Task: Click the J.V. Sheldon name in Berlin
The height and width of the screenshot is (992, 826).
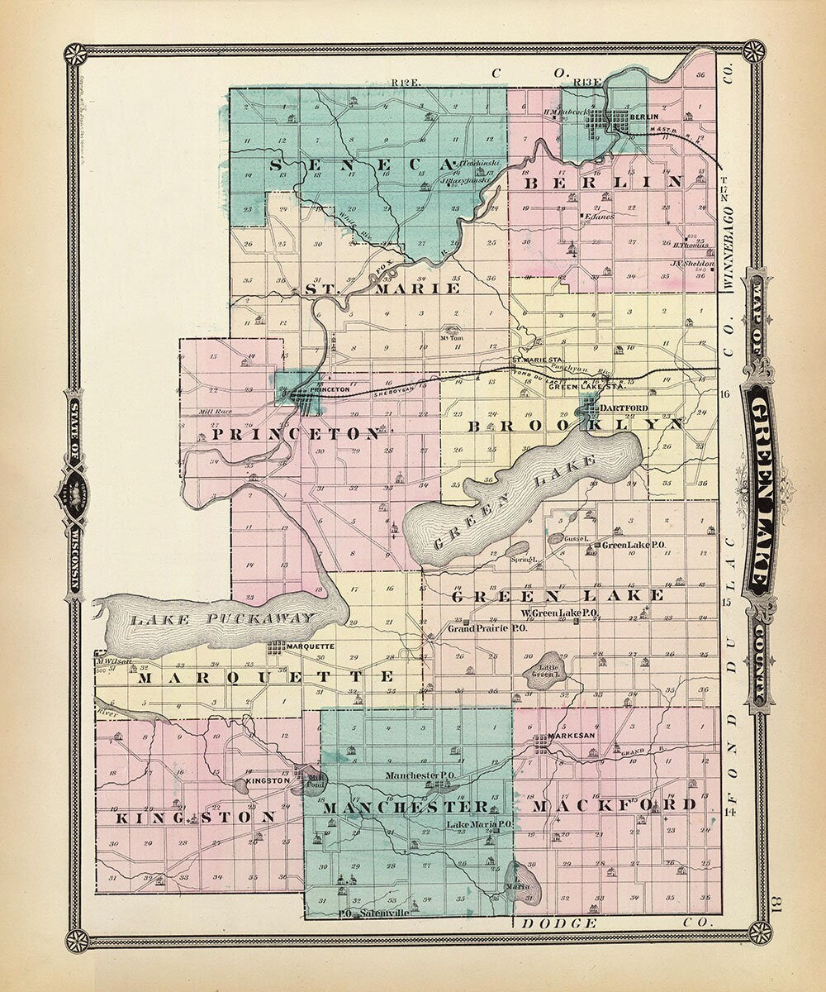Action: click(x=686, y=264)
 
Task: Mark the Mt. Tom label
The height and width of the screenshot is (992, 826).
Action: click(x=451, y=337)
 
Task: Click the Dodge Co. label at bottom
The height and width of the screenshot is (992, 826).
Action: click(x=611, y=923)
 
